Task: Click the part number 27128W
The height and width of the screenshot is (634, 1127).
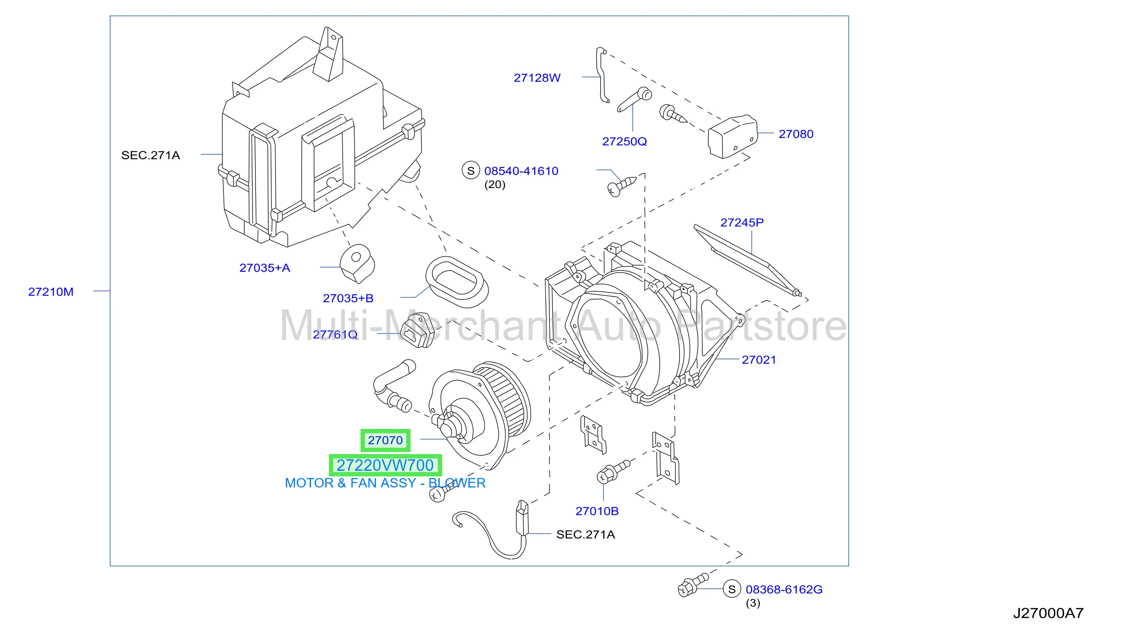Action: click(x=537, y=78)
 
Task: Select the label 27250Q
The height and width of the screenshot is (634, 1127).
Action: click(x=624, y=142)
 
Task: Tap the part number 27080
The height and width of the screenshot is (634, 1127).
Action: click(x=796, y=134)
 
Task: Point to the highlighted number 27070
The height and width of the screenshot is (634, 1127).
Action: click(x=385, y=440)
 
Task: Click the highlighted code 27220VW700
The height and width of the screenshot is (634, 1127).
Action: click(x=385, y=465)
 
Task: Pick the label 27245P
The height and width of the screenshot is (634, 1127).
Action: click(x=742, y=223)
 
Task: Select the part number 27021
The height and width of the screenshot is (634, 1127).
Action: click(x=759, y=360)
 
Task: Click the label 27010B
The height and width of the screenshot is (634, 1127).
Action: click(x=597, y=511)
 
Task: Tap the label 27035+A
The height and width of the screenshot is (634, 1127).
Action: click(x=265, y=268)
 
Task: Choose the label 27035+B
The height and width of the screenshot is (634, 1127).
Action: click(x=348, y=298)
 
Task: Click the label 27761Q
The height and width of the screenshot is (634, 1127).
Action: click(x=335, y=335)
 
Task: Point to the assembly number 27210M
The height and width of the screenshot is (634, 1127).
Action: click(x=51, y=292)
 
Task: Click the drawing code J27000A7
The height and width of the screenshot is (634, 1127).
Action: click(x=1048, y=613)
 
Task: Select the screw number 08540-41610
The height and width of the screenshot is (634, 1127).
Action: click(x=521, y=171)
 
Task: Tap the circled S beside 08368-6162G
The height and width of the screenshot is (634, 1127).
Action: click(x=732, y=590)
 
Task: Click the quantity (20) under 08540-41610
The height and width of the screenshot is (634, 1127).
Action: click(x=495, y=185)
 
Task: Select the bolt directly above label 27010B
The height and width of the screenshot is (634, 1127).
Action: click(x=613, y=471)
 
